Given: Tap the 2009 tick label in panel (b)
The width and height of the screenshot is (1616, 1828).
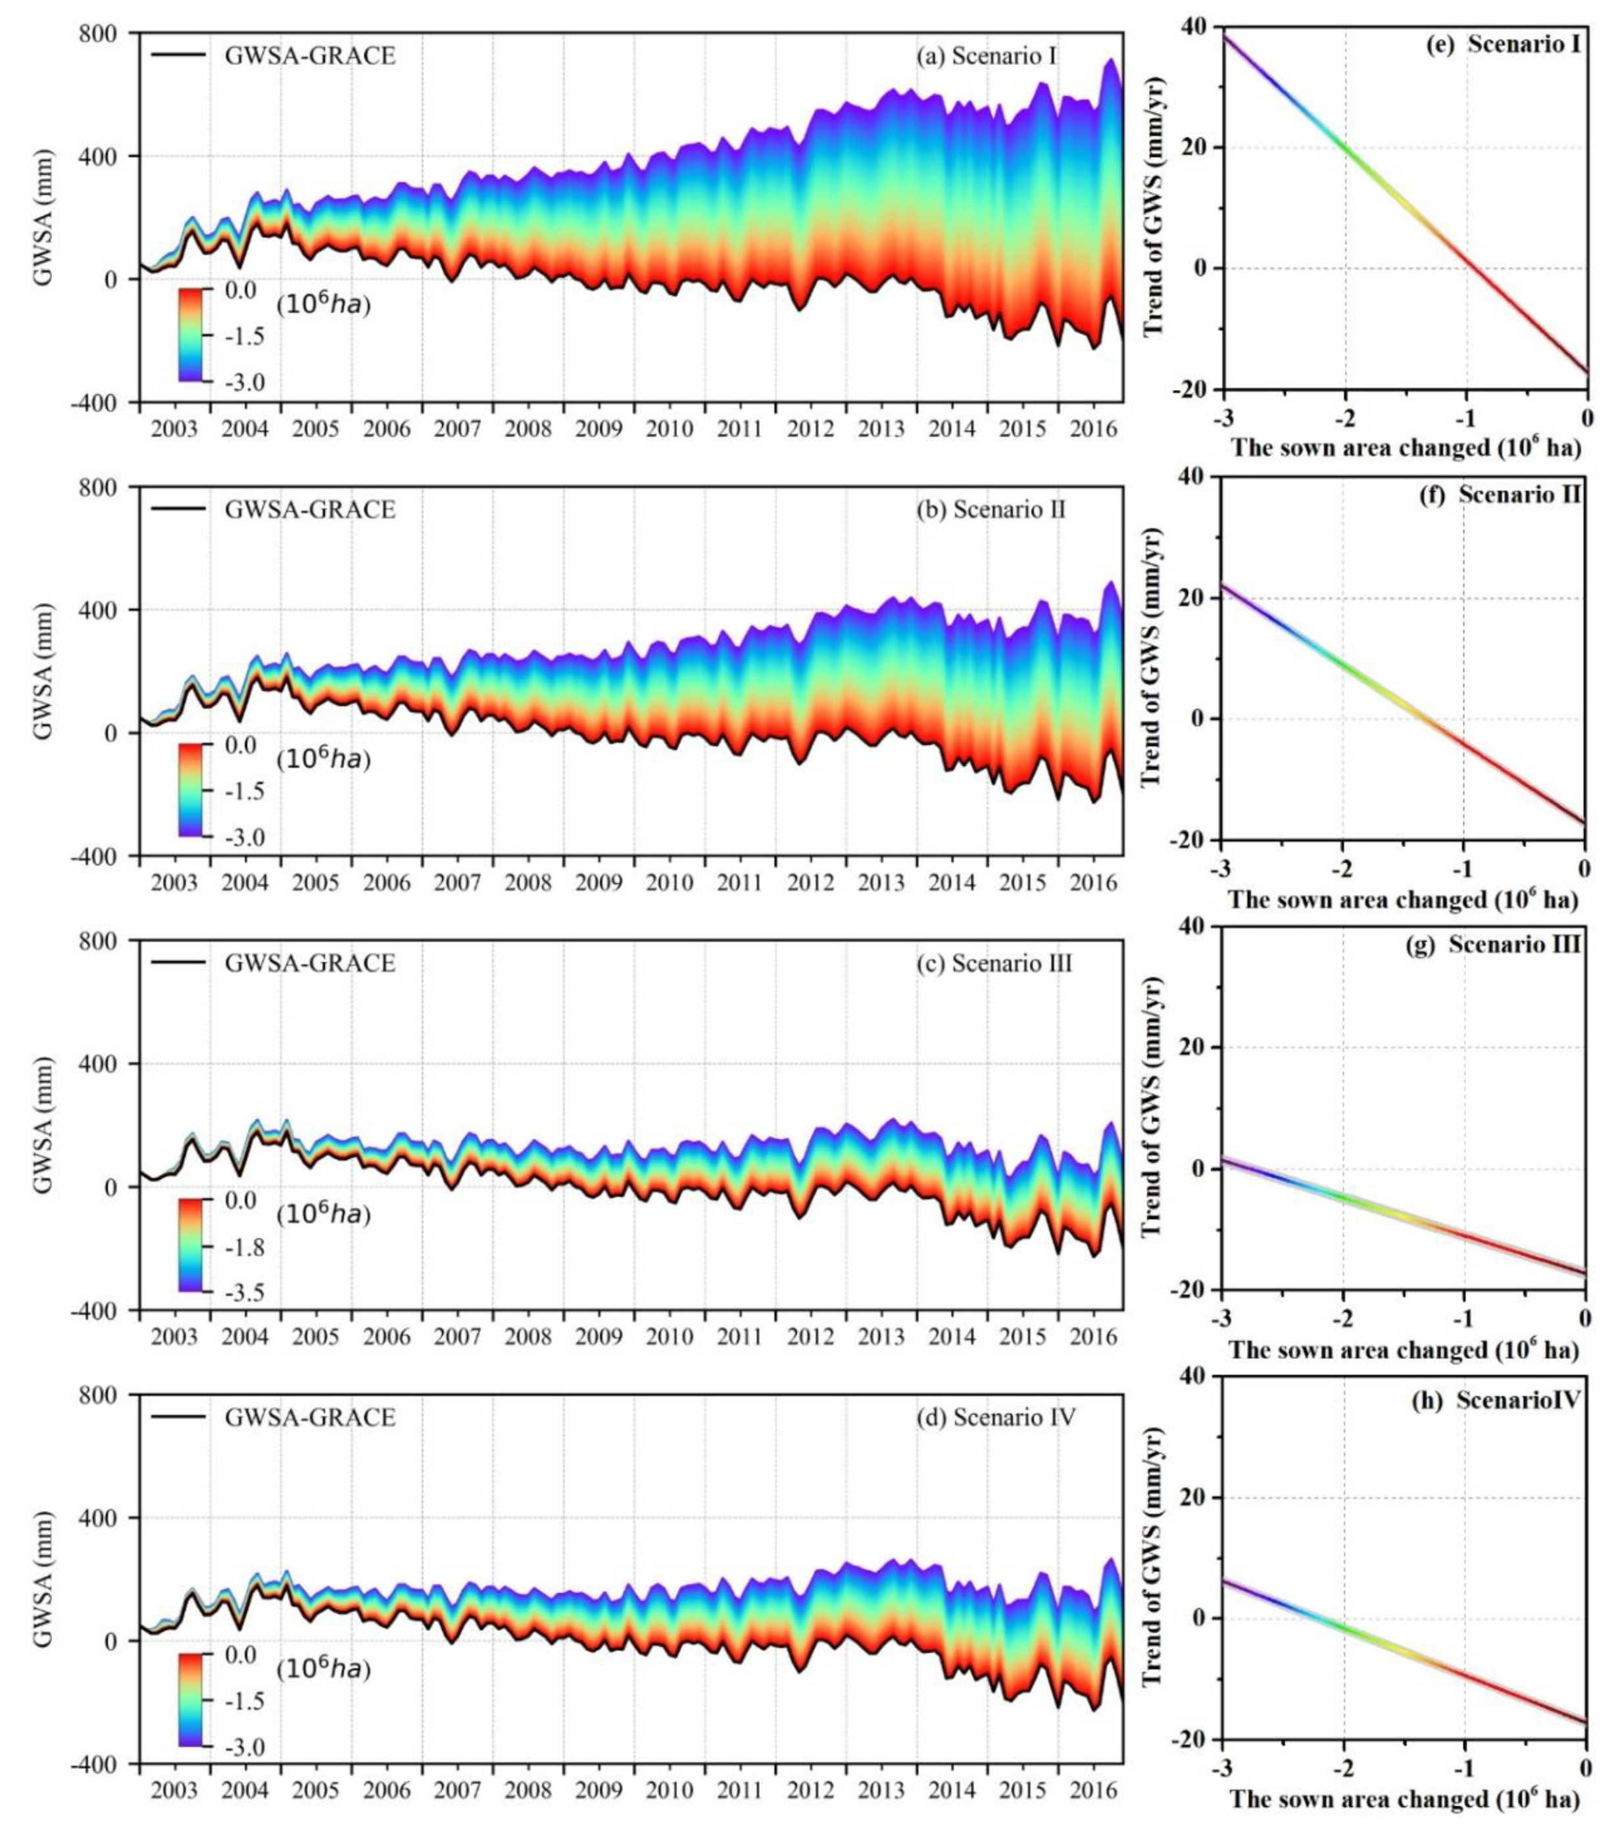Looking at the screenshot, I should tap(599, 882).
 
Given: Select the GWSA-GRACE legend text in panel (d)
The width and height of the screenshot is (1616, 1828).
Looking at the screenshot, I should tap(309, 1418).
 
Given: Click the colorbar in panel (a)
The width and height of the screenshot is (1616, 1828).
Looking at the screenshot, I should tap(194, 335).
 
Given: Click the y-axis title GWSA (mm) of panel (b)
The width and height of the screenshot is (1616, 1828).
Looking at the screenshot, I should tap(43, 671).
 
